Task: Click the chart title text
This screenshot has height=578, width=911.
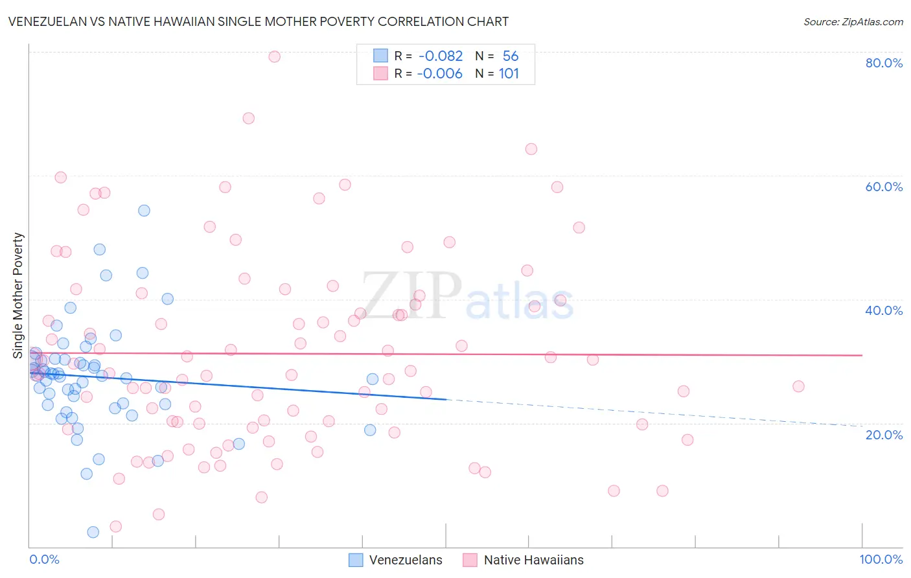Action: [258, 21]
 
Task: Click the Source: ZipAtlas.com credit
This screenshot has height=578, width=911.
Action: [853, 21]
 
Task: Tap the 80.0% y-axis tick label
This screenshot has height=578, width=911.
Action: [884, 63]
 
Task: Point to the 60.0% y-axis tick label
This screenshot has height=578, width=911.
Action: [884, 187]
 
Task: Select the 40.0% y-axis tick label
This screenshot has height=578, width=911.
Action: [884, 310]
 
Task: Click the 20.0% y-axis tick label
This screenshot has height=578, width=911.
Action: [884, 435]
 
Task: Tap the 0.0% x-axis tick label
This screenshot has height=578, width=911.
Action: [44, 559]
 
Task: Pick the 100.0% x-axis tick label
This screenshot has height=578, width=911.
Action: [881, 559]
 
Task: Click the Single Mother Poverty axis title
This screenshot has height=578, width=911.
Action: [18, 295]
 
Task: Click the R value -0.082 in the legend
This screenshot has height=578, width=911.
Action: [441, 56]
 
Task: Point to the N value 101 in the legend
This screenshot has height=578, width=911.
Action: [509, 74]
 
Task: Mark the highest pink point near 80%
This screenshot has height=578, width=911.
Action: [274, 56]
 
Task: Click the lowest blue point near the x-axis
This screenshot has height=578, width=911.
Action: [93, 532]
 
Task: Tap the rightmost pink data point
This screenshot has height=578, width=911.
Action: [798, 386]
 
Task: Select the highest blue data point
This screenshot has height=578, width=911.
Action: [144, 211]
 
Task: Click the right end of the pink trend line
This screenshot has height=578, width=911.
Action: [862, 355]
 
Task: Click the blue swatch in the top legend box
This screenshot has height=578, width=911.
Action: [380, 56]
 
